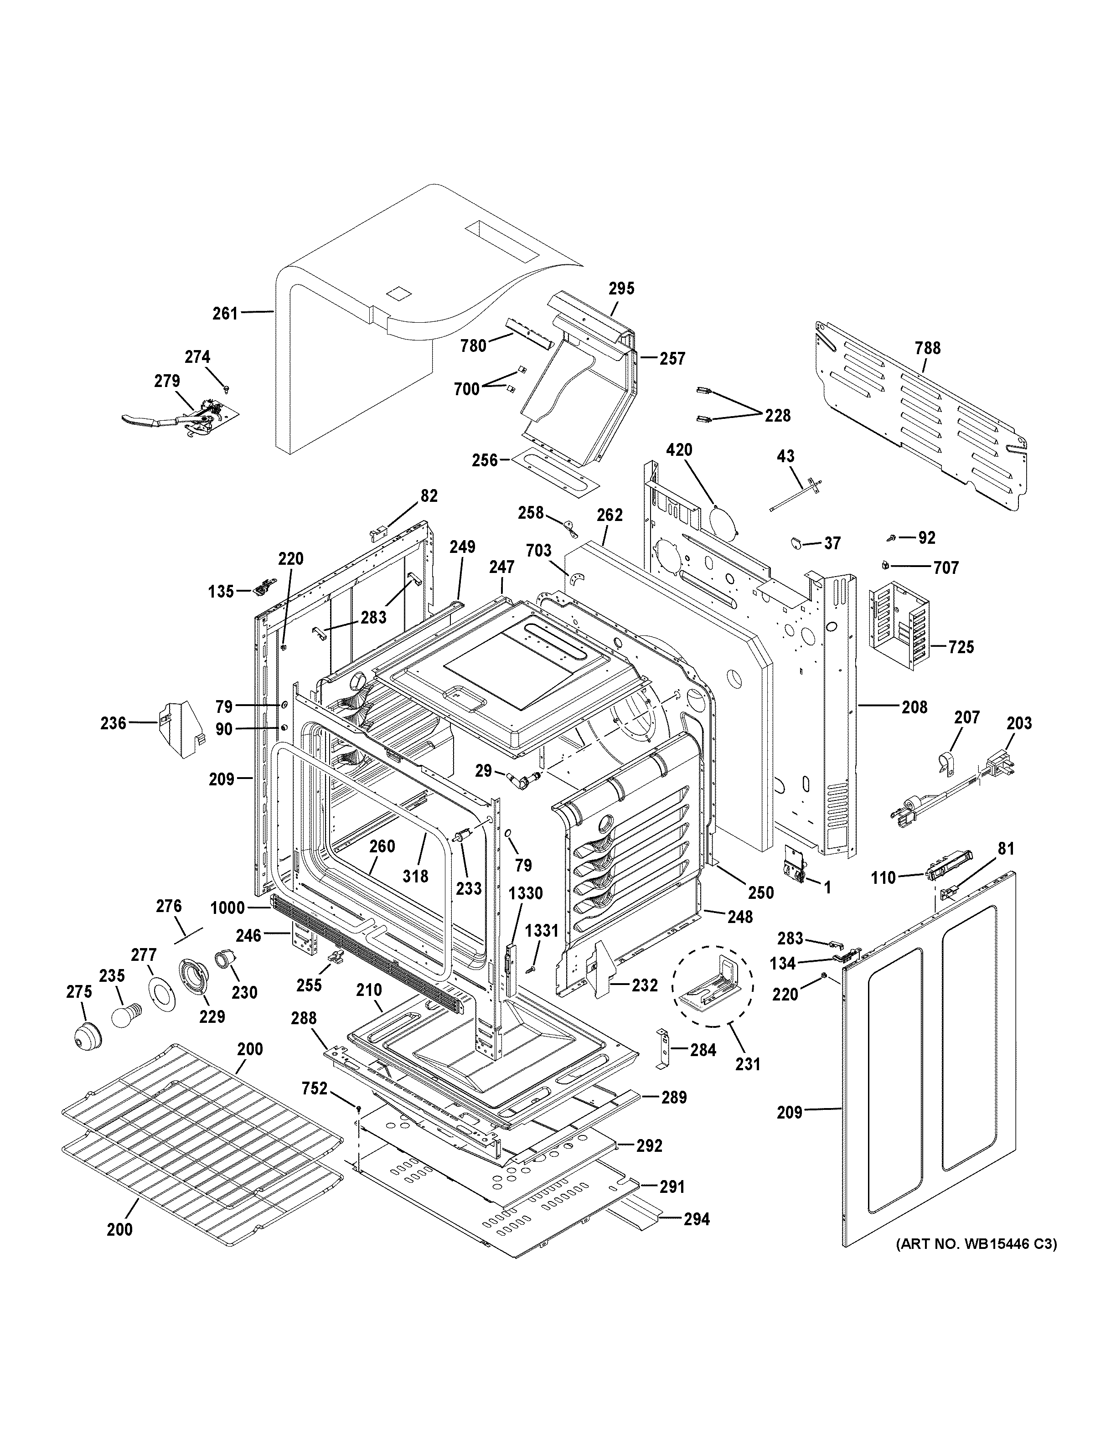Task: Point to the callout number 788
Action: (928, 348)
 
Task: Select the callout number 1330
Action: (526, 893)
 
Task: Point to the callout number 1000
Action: (227, 908)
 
